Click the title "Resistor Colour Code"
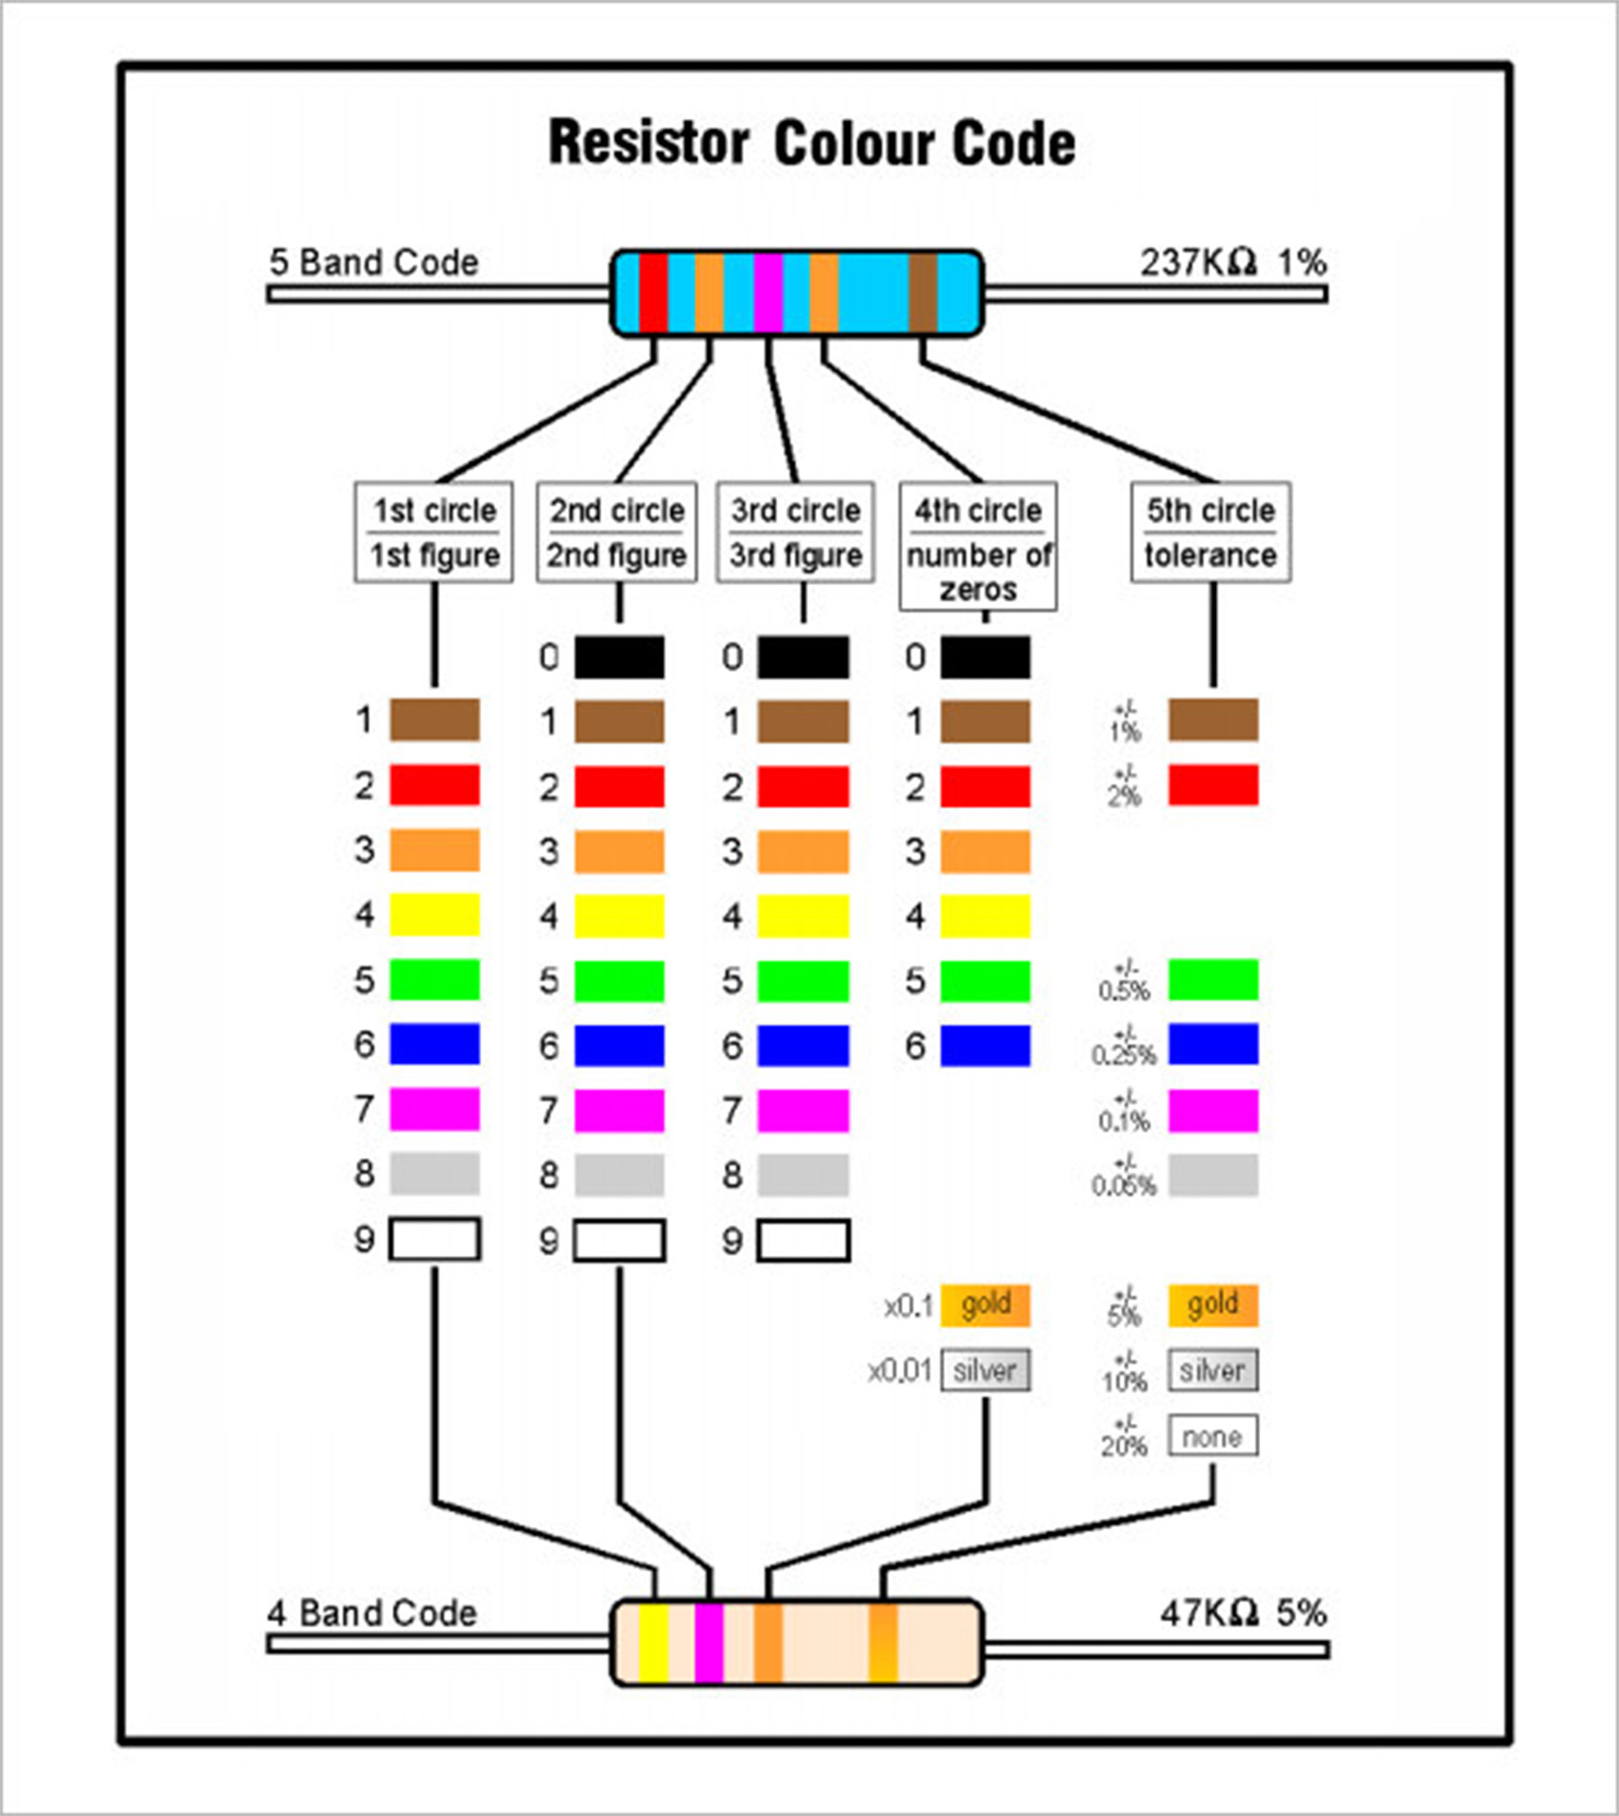pyautogui.click(x=811, y=144)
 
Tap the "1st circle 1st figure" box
pyautogui.click(x=434, y=532)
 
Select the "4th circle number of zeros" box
pyautogui.click(x=978, y=547)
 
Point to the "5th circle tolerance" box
pyautogui.click(x=1210, y=532)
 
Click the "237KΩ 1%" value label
pyautogui.click(x=1232, y=262)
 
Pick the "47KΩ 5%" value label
pyautogui.click(x=1243, y=1613)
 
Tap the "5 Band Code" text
pyautogui.click(x=373, y=262)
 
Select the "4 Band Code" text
pyautogui.click(x=371, y=1613)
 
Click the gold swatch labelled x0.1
pyautogui.click(x=985, y=1305)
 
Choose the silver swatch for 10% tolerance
pyautogui.click(x=1212, y=1371)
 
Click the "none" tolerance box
pyautogui.click(x=1212, y=1436)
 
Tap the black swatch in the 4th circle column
pyautogui.click(x=985, y=657)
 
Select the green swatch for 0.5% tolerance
pyautogui.click(x=1212, y=980)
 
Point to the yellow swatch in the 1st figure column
pyautogui.click(x=434, y=916)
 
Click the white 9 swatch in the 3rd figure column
pyautogui.click(x=803, y=1241)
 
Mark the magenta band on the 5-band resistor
pyautogui.click(x=768, y=293)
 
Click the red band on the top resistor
pyautogui.click(x=653, y=293)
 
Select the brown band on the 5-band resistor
pyautogui.click(x=923, y=293)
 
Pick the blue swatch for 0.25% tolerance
pyautogui.click(x=1212, y=1045)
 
